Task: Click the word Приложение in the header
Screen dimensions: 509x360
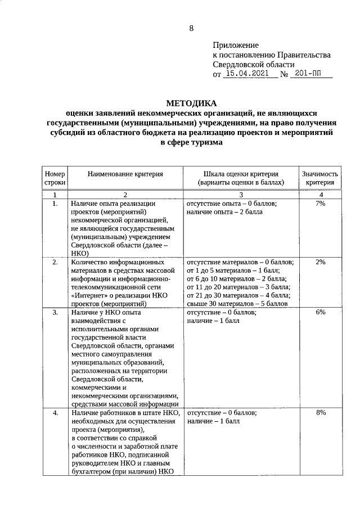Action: pos(235,45)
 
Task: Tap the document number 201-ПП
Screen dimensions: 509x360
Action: pos(310,73)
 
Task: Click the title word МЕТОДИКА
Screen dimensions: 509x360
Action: pos(191,103)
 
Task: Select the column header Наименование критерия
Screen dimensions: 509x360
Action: pos(125,174)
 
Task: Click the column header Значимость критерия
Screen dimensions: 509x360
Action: pos(320,178)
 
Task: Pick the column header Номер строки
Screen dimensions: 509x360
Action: pos(55,178)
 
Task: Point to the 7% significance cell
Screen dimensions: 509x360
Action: pos(320,203)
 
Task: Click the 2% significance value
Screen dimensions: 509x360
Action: pos(320,262)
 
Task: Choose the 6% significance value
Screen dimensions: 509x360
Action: pos(320,312)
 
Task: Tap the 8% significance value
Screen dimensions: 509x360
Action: pos(320,413)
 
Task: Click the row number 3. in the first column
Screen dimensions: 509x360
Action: pos(55,312)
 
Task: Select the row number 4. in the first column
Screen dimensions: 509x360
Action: pos(55,413)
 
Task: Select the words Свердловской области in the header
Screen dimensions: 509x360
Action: pos(250,64)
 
